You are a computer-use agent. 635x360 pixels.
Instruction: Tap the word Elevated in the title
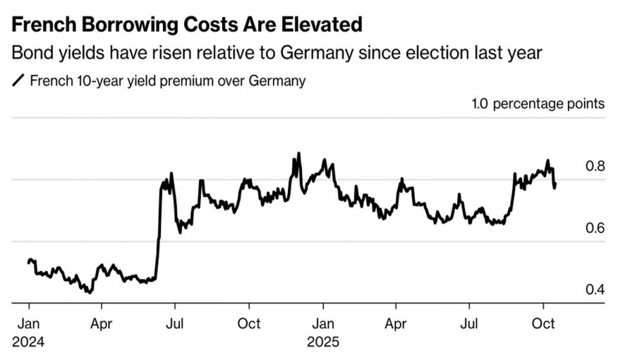[x=317, y=25]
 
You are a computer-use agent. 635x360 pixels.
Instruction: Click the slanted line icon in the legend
[x=18, y=80]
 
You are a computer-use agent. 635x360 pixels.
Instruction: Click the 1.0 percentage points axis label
[x=538, y=104]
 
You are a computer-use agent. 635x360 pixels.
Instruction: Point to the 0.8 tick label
[x=595, y=167]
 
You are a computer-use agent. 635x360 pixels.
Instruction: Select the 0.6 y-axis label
[x=595, y=228]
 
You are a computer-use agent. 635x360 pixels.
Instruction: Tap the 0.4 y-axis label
[x=595, y=290]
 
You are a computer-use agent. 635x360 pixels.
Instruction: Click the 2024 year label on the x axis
[x=28, y=342]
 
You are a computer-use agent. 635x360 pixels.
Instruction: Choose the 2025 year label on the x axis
[x=323, y=342]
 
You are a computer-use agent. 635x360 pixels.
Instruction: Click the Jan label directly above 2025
[x=323, y=324]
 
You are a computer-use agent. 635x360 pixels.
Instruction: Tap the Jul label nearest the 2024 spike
[x=175, y=324]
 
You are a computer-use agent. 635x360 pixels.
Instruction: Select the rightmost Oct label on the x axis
[x=543, y=324]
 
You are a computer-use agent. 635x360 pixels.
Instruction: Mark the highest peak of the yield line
[x=298, y=153]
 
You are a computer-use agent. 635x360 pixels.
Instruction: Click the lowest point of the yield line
[x=90, y=292]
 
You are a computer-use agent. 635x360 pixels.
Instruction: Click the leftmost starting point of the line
[x=28, y=262]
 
